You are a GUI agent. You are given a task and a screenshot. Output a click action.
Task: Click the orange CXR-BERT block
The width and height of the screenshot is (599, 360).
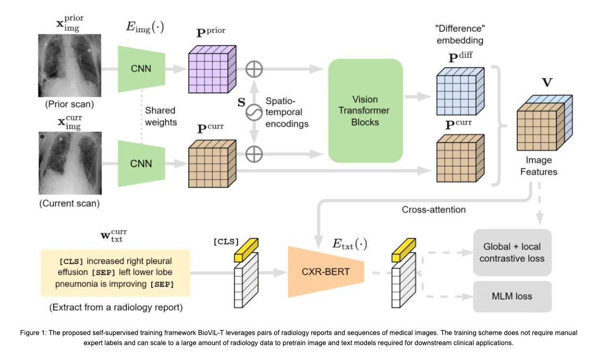pos(325,272)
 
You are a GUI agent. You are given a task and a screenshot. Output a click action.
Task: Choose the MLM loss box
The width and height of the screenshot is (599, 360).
pos(512,296)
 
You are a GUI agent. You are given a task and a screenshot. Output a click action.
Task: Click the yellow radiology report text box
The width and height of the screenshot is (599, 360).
pos(116,272)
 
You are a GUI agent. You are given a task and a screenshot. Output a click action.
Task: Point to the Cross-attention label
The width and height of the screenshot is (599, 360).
pos(433,210)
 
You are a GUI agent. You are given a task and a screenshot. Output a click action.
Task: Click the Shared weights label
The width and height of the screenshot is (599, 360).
pos(161,115)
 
